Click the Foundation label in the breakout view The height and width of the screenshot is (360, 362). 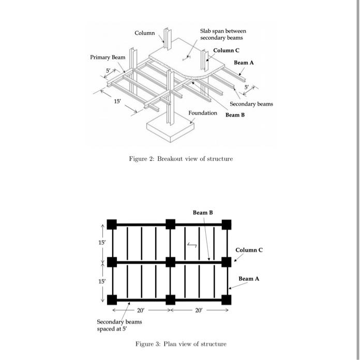click(x=203, y=113)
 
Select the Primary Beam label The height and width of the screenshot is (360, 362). click(x=108, y=57)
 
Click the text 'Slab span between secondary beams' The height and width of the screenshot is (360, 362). click(x=223, y=35)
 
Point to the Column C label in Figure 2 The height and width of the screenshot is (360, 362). click(x=227, y=50)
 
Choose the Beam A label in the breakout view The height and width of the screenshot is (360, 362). click(x=244, y=62)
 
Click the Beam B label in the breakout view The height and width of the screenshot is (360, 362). click(x=235, y=115)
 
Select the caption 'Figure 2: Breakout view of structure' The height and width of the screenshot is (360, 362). click(x=180, y=159)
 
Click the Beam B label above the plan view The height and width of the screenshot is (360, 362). click(x=203, y=212)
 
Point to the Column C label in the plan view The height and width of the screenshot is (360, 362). click(x=249, y=250)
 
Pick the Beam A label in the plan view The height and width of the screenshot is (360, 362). click(x=249, y=279)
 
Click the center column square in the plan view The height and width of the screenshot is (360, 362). click(x=170, y=262)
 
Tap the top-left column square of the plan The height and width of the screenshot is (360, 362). click(x=112, y=224)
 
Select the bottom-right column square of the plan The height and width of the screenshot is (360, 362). click(x=226, y=300)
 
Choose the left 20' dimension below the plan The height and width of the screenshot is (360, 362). click(x=141, y=311)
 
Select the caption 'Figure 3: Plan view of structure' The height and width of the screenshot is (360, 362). click(x=180, y=344)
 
